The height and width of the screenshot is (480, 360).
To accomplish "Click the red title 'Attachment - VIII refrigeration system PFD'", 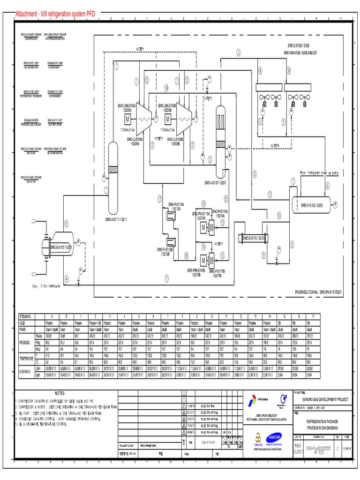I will point(55,15).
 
